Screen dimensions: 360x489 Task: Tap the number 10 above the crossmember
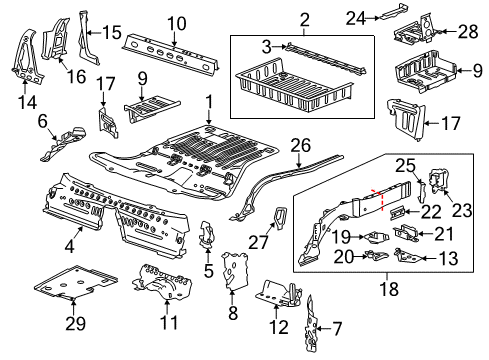176,23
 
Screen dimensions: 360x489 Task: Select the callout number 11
167,324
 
